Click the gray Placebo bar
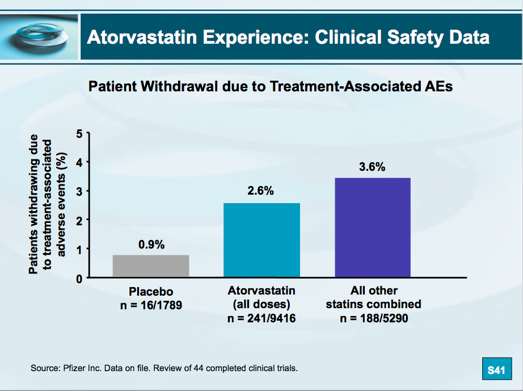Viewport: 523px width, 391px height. [x=150, y=266]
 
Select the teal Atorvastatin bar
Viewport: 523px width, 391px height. [x=261, y=240]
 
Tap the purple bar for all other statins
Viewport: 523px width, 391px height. [x=372, y=228]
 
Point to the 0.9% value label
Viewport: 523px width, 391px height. [x=151, y=245]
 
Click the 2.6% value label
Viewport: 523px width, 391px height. [x=261, y=191]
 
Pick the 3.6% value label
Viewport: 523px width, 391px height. [x=372, y=167]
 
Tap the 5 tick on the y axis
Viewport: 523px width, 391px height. [x=79, y=134]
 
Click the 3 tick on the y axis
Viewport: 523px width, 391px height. [x=79, y=192]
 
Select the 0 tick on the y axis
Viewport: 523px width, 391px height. [x=79, y=279]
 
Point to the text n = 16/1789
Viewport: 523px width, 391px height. [x=150, y=305]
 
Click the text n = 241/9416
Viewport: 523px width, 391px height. [x=261, y=318]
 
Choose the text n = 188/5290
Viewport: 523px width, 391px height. [x=374, y=318]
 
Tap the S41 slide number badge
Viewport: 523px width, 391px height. [x=496, y=371]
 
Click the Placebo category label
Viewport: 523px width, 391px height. [x=150, y=292]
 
